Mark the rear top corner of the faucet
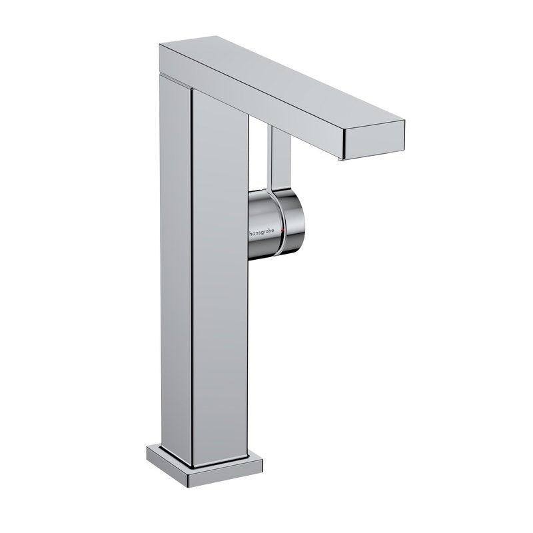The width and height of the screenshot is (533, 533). click(x=158, y=45)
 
